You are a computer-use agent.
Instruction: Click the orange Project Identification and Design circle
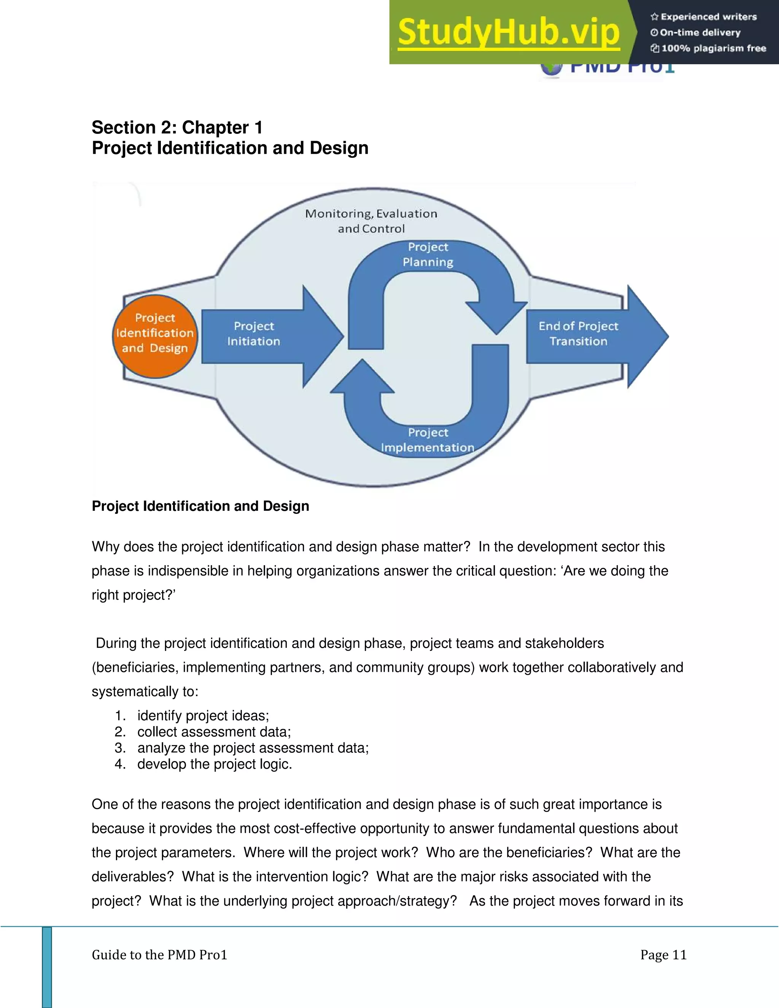[x=155, y=336]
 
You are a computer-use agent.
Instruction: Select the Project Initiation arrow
[x=258, y=335]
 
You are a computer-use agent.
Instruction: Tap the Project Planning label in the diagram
[x=428, y=255]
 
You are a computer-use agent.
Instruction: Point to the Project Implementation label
[x=427, y=440]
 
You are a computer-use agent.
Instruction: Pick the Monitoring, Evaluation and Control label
[x=371, y=221]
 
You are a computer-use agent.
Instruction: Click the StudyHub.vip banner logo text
[x=509, y=32]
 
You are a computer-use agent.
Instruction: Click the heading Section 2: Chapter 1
[x=177, y=127]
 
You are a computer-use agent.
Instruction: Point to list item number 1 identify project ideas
[x=203, y=715]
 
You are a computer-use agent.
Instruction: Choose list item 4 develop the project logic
[x=214, y=764]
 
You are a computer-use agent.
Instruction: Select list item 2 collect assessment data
[x=214, y=731]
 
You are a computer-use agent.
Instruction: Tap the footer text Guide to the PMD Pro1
[x=159, y=954]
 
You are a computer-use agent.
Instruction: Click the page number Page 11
[x=663, y=954]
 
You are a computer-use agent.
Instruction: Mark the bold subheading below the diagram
[x=200, y=506]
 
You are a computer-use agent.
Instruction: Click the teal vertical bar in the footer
[x=47, y=967]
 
